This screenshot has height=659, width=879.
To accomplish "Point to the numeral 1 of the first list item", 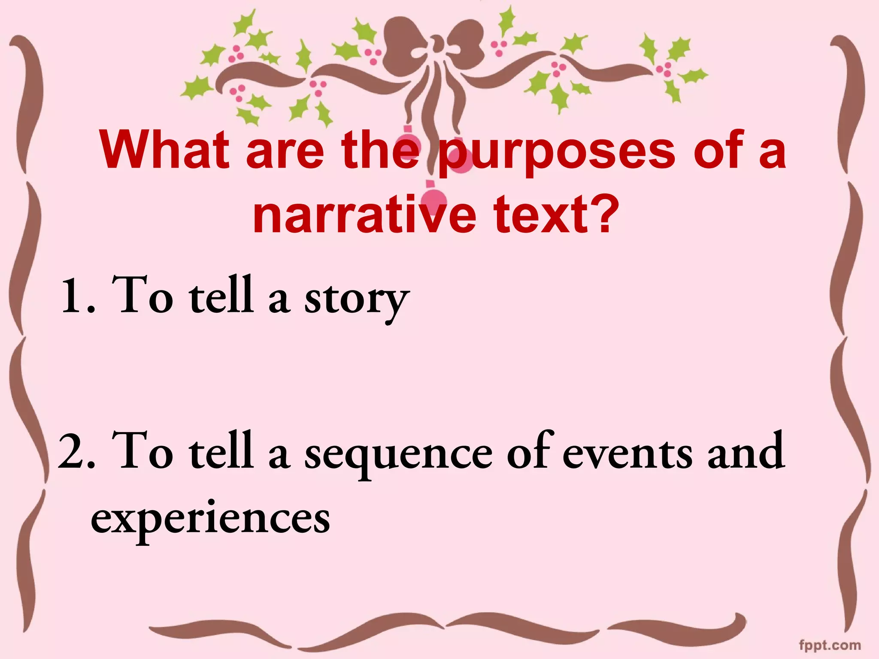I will (x=71, y=296).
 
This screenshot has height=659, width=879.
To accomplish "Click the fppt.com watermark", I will (x=830, y=645).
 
